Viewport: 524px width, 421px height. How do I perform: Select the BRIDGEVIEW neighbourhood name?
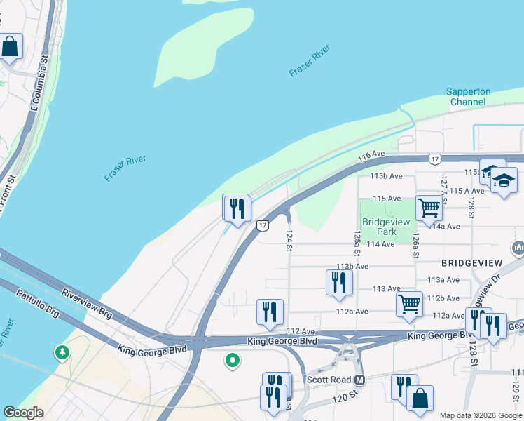[473, 262]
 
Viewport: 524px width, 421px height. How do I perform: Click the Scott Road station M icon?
[360, 380]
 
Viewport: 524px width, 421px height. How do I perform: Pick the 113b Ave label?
[352, 267]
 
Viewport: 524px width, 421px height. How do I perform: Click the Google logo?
[23, 413]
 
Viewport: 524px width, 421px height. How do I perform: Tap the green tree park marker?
[63, 350]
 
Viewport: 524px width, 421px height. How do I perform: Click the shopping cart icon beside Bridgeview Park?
[429, 207]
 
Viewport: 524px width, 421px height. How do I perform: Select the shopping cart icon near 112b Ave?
[409, 304]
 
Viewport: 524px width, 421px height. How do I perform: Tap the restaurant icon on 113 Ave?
[339, 282]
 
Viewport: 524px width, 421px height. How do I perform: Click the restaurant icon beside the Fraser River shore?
[237, 208]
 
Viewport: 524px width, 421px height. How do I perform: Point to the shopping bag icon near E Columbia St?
[10, 47]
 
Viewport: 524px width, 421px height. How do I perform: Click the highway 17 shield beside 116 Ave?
[435, 159]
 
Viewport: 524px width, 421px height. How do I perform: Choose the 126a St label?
[415, 246]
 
